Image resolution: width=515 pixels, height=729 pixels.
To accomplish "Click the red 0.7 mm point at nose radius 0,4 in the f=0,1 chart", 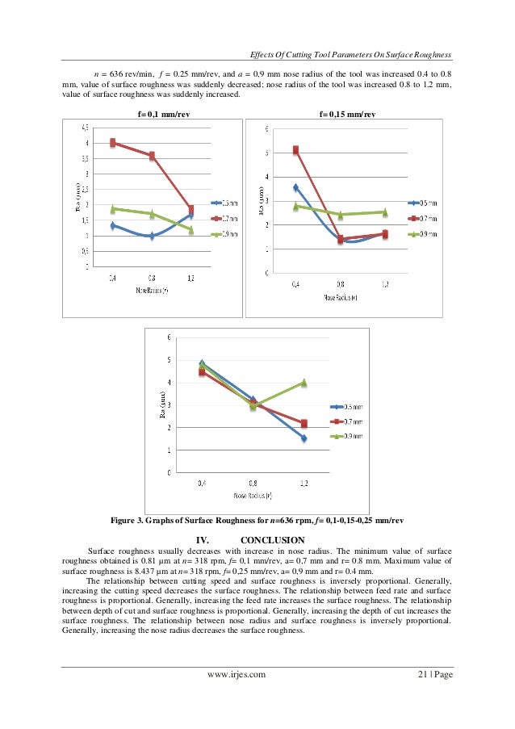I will (x=114, y=143).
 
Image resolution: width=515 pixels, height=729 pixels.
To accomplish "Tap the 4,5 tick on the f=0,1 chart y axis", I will (x=85, y=128).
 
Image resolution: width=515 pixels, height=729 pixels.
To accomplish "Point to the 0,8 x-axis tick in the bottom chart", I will (x=253, y=484).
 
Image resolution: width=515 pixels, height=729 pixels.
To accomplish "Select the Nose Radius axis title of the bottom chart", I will (x=253, y=495).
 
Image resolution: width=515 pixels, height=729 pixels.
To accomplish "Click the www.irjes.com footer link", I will (x=237, y=672).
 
